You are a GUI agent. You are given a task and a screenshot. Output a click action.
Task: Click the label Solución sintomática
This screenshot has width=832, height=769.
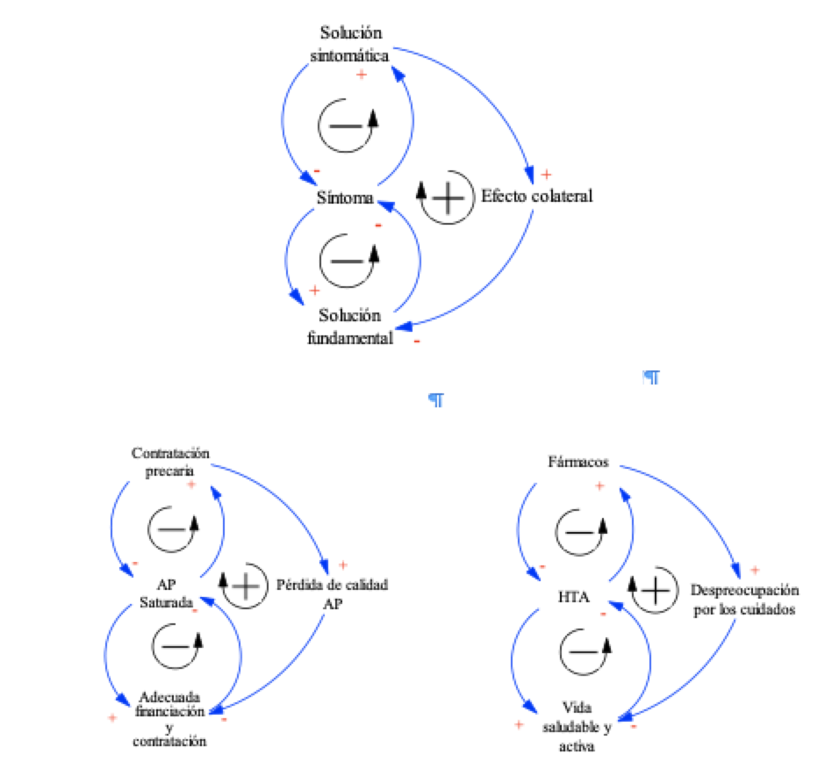tap(351, 44)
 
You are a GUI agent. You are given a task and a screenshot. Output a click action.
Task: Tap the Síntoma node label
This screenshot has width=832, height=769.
tap(345, 198)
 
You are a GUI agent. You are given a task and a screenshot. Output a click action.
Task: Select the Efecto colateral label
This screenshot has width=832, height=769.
tap(536, 196)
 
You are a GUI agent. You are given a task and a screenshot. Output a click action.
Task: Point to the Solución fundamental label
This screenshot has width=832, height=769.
tap(350, 327)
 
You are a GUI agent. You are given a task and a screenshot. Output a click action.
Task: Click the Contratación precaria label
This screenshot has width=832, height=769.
tap(170, 461)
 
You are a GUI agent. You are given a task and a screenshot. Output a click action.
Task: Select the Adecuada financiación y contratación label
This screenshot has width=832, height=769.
tap(170, 719)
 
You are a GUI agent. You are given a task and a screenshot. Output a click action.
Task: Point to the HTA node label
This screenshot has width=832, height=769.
tap(576, 597)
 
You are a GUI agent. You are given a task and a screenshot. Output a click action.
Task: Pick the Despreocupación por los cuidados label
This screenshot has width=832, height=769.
tap(743, 598)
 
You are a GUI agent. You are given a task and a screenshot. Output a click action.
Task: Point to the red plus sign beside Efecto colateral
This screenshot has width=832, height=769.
tap(546, 174)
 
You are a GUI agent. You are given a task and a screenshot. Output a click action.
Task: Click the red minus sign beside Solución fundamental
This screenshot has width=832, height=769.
tap(416, 341)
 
